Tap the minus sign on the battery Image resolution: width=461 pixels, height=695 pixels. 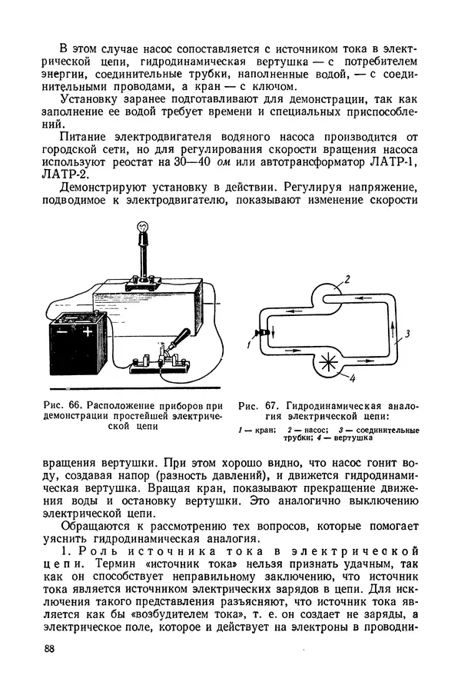pos(63,332)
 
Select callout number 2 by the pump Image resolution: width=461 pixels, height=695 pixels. pos(347,280)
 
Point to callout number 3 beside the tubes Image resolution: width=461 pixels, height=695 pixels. pos(408,333)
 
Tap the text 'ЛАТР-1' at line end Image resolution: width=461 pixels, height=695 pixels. pos(396,163)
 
